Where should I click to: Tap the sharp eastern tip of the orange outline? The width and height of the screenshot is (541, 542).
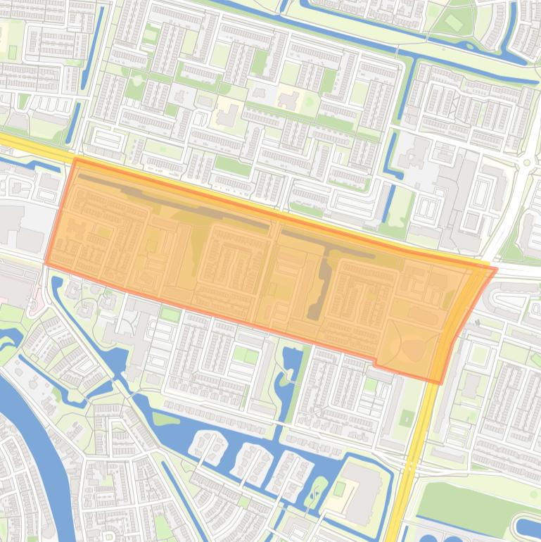point(496,268)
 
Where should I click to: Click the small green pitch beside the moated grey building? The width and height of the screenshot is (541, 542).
point(340,488)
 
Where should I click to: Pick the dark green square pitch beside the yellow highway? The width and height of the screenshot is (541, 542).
point(407,419)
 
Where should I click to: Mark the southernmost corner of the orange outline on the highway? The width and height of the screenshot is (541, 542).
point(440,382)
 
